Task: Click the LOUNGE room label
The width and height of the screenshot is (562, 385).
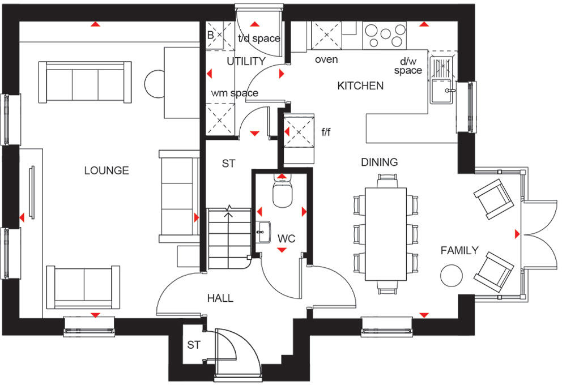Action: (x=107, y=170)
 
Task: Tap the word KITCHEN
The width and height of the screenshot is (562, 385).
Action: (x=360, y=86)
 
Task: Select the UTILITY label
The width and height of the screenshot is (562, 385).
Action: (x=246, y=61)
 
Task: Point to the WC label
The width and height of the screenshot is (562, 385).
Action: (x=287, y=239)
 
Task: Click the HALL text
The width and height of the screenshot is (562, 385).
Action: (x=220, y=298)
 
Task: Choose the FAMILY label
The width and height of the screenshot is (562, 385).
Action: (x=459, y=250)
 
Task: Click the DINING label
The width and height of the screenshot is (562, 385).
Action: (x=380, y=162)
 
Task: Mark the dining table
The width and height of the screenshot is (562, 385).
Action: (x=386, y=233)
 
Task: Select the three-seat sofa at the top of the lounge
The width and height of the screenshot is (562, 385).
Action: (x=85, y=83)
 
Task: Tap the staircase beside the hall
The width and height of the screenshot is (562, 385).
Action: (x=228, y=238)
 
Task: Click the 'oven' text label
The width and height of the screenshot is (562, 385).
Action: (x=326, y=59)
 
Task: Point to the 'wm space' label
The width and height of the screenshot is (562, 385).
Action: (x=235, y=93)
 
